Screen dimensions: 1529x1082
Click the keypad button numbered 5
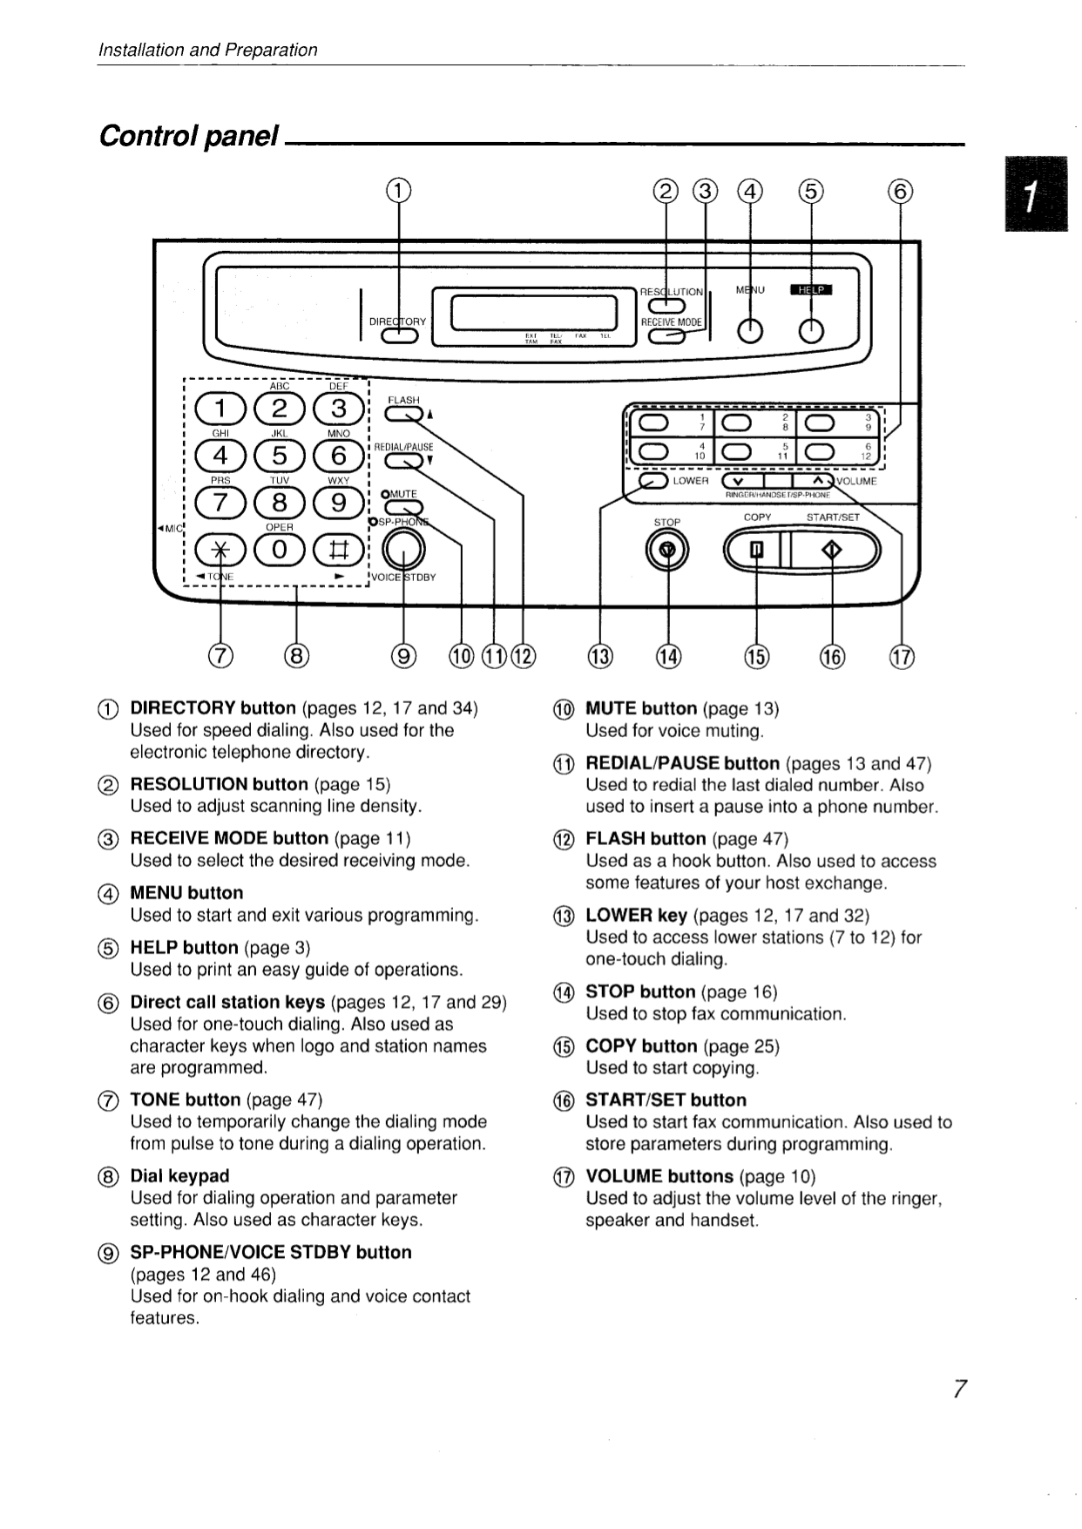pos(279,456)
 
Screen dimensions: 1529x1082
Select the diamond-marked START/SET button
pos(833,550)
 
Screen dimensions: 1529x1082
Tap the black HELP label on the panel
pos(811,290)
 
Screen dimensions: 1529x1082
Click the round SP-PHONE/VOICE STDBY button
pos(403,549)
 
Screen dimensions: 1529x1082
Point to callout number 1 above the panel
pos(397,190)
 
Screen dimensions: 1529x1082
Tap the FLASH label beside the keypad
pos(403,400)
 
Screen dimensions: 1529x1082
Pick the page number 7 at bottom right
pos(959,1389)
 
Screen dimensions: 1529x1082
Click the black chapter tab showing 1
pos(1035,193)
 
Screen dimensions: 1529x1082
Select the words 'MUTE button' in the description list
pos(641,708)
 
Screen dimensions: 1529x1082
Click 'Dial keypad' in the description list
pos(179,1175)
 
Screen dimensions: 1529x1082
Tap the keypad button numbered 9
pos(338,503)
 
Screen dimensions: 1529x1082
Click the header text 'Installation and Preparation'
pos(207,50)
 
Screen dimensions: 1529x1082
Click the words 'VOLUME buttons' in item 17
pos(659,1176)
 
